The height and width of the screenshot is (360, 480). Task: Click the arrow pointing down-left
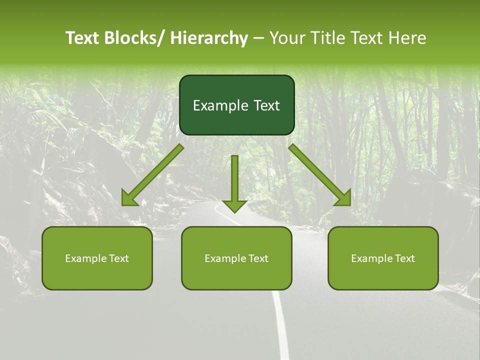click(152, 175)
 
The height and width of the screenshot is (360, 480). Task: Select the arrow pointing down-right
click(320, 175)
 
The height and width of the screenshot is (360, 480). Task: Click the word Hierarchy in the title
click(208, 38)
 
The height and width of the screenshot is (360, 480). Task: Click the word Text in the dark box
click(266, 106)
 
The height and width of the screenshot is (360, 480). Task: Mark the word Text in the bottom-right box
click(404, 258)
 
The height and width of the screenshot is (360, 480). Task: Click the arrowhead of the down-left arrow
click(129, 198)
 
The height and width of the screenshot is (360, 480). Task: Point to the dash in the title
click(258, 38)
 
